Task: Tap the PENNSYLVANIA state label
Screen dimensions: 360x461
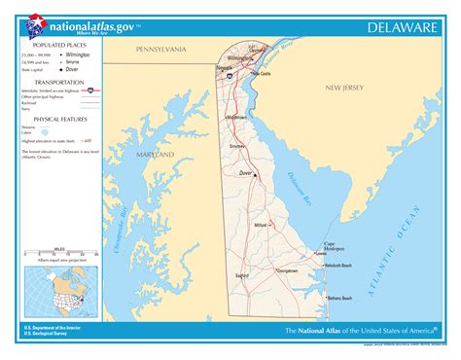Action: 160,48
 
